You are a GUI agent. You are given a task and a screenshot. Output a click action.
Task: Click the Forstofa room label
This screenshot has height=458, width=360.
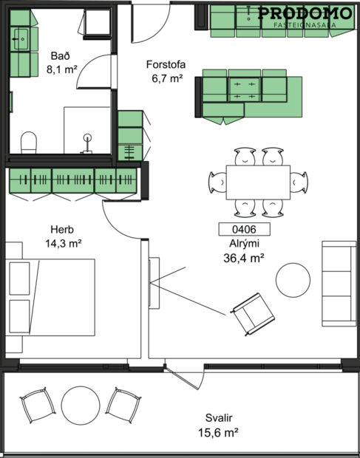pyautogui.click(x=165, y=64)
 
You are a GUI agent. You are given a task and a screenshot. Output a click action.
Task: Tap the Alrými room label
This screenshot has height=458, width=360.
pyautogui.click(x=243, y=243)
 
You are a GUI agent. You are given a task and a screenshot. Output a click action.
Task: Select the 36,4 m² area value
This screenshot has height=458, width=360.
pyautogui.click(x=243, y=258)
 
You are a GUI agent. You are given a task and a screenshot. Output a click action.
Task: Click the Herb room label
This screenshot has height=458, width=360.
pyautogui.click(x=62, y=229)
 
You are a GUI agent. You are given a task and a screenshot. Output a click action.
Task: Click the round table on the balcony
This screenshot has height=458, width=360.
pyautogui.click(x=80, y=405)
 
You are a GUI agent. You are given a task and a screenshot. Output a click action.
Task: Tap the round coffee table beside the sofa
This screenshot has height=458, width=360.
pyautogui.click(x=293, y=280)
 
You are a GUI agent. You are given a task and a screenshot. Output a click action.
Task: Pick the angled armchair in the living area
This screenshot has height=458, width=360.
pyautogui.click(x=252, y=312)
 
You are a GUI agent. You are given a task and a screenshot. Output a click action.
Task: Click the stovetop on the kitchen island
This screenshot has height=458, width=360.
pyautogui.click(x=244, y=89)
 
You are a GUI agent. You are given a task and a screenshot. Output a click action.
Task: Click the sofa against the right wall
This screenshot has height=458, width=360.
pyautogui.click(x=338, y=283)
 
